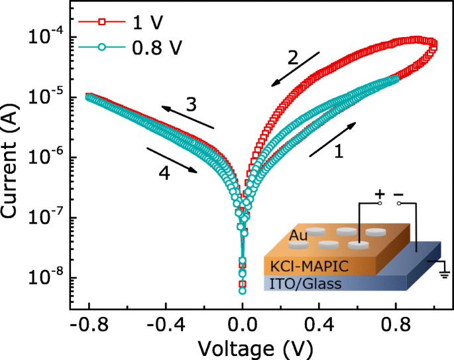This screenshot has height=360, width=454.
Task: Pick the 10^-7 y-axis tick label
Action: point(45,218)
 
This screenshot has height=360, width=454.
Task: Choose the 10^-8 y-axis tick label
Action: point(45,278)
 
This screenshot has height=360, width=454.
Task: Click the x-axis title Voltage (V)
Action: point(263,347)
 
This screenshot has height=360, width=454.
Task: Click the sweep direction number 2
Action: point(292,58)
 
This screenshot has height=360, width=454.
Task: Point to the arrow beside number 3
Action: point(189,117)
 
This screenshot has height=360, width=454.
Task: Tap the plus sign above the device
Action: point(380,195)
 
